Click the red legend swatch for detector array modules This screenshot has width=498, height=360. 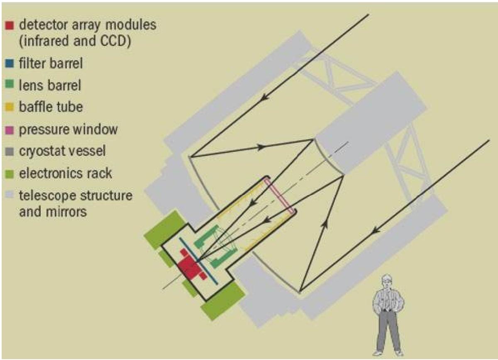click(x=10, y=25)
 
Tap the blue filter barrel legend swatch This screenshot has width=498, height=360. click(x=10, y=63)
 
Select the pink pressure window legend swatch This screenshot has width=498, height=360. click(x=10, y=130)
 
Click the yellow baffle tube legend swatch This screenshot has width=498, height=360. click(x=10, y=107)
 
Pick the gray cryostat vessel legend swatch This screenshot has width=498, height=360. click(x=10, y=151)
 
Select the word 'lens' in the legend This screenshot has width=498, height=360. click(x=30, y=85)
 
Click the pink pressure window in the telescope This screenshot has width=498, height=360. click(x=280, y=196)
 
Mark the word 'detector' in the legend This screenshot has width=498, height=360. click(x=43, y=25)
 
